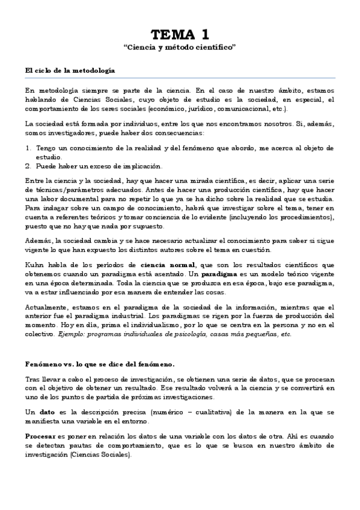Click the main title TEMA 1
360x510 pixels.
click(179, 34)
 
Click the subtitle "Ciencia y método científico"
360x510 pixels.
click(179, 47)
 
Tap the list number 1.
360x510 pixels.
click(28, 147)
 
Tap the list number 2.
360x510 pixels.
click(28, 166)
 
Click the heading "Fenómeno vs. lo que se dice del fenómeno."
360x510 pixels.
click(100, 364)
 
